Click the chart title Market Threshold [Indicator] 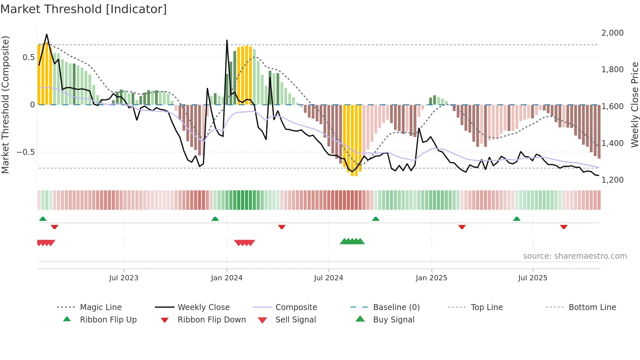(x=84, y=9)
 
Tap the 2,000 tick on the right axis (x=612, y=33)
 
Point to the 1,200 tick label (x=612, y=180)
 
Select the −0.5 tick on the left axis (x=25, y=152)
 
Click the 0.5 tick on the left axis (x=28, y=57)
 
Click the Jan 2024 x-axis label (x=227, y=278)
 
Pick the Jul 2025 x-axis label (x=533, y=278)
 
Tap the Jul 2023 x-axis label (x=124, y=278)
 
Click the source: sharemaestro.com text (x=575, y=256)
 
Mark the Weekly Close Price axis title (x=634, y=105)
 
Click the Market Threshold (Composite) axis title (x=5, y=105)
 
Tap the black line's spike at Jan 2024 (x=227, y=41)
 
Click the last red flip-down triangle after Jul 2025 (x=564, y=227)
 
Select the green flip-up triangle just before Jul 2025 (x=517, y=219)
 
